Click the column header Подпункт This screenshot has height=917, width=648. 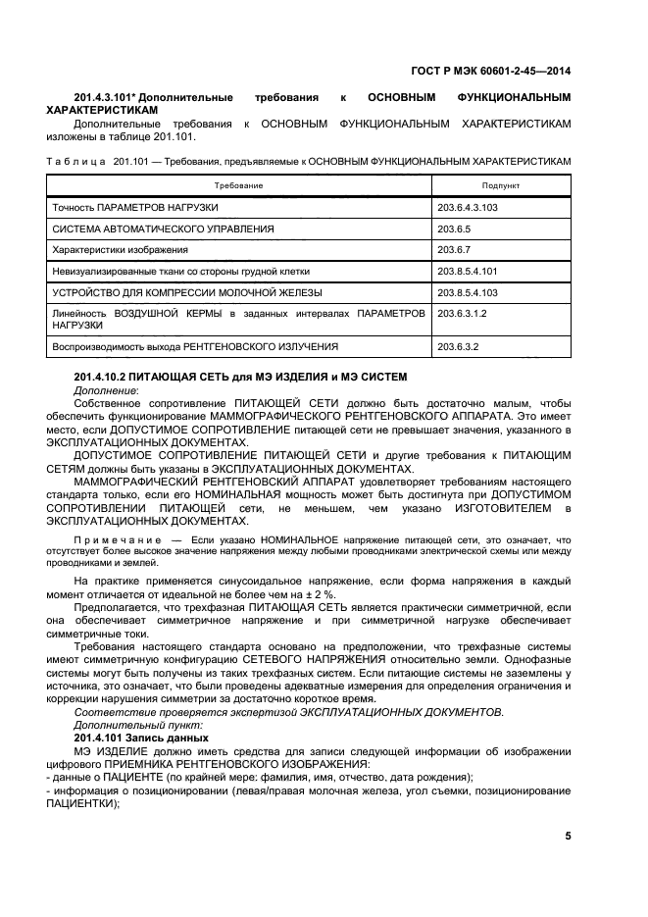tap(501, 184)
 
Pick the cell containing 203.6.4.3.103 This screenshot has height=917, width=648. tap(471, 208)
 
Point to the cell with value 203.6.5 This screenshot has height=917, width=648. tap(456, 229)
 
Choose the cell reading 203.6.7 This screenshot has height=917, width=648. tap(456, 250)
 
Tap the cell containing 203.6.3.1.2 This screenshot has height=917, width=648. tap(465, 313)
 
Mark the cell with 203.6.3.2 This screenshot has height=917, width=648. tap(459, 346)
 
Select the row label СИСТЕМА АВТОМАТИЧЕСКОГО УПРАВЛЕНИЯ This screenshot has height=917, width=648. tap(163, 229)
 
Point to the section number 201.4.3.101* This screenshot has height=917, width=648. tap(110, 98)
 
